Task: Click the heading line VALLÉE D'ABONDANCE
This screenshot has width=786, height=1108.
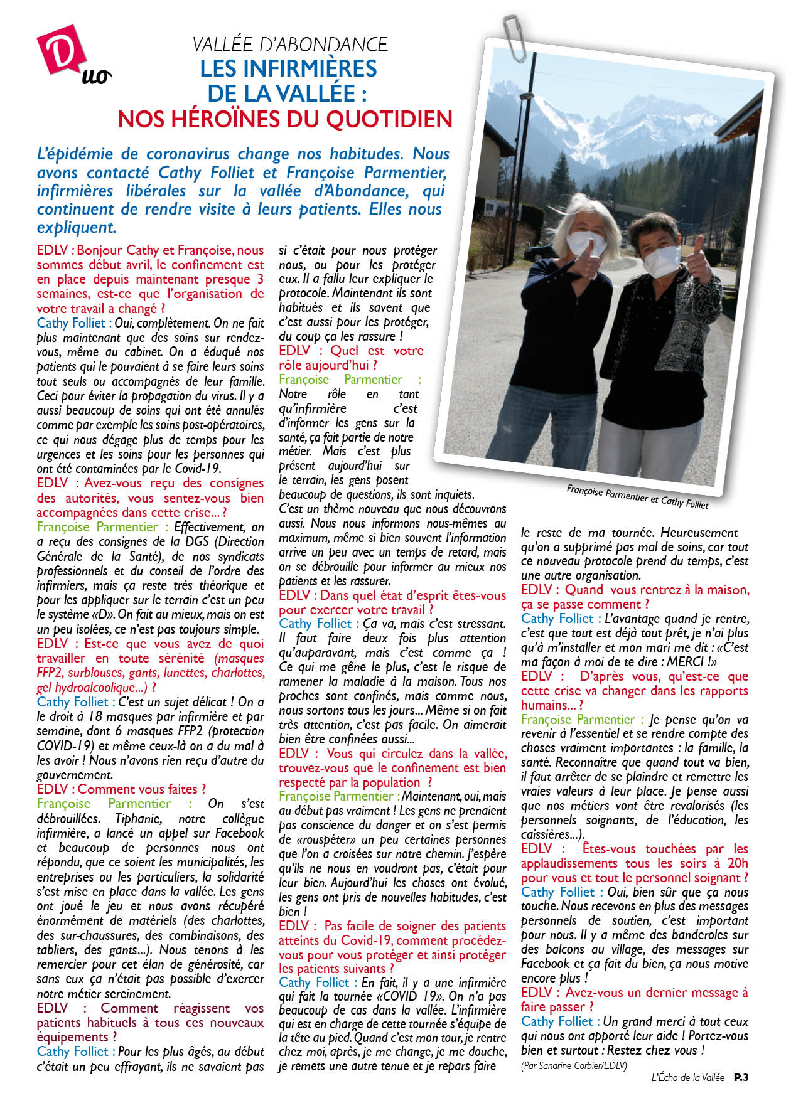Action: tap(289, 44)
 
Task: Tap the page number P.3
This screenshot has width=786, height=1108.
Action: tap(741, 1077)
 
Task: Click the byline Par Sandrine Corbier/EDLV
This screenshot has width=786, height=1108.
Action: tap(573, 1065)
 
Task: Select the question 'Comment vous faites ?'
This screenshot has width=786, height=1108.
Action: tap(141, 789)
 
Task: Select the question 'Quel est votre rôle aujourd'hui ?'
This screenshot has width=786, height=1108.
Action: tap(350, 358)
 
